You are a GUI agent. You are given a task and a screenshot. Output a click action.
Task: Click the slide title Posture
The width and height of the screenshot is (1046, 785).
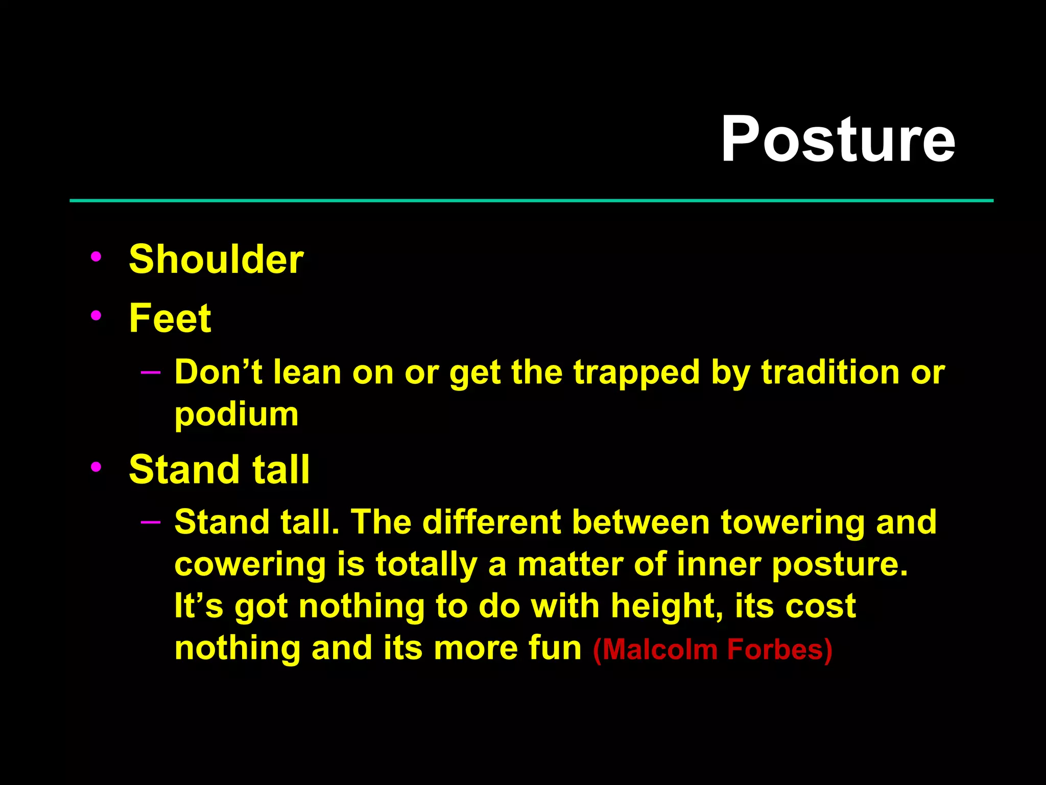click(x=838, y=139)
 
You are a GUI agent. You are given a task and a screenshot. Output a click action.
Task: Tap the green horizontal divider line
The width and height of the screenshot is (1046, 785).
click(x=531, y=201)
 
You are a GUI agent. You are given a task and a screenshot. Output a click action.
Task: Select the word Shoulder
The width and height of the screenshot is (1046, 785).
click(x=216, y=259)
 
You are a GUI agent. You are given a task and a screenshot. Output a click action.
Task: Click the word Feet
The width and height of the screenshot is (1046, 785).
click(x=170, y=318)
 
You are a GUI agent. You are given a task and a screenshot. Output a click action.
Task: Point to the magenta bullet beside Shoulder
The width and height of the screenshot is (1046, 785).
click(x=96, y=257)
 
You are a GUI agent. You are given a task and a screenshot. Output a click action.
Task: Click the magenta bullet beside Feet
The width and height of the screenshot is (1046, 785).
click(x=96, y=316)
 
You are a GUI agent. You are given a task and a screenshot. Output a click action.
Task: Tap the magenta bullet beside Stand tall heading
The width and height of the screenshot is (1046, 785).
click(x=96, y=467)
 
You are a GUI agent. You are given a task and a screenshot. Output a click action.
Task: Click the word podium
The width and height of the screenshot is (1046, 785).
click(x=236, y=414)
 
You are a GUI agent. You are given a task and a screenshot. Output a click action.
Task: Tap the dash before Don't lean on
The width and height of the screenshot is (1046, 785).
click(x=151, y=372)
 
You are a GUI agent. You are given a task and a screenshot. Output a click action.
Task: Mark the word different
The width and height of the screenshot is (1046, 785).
click(x=492, y=522)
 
